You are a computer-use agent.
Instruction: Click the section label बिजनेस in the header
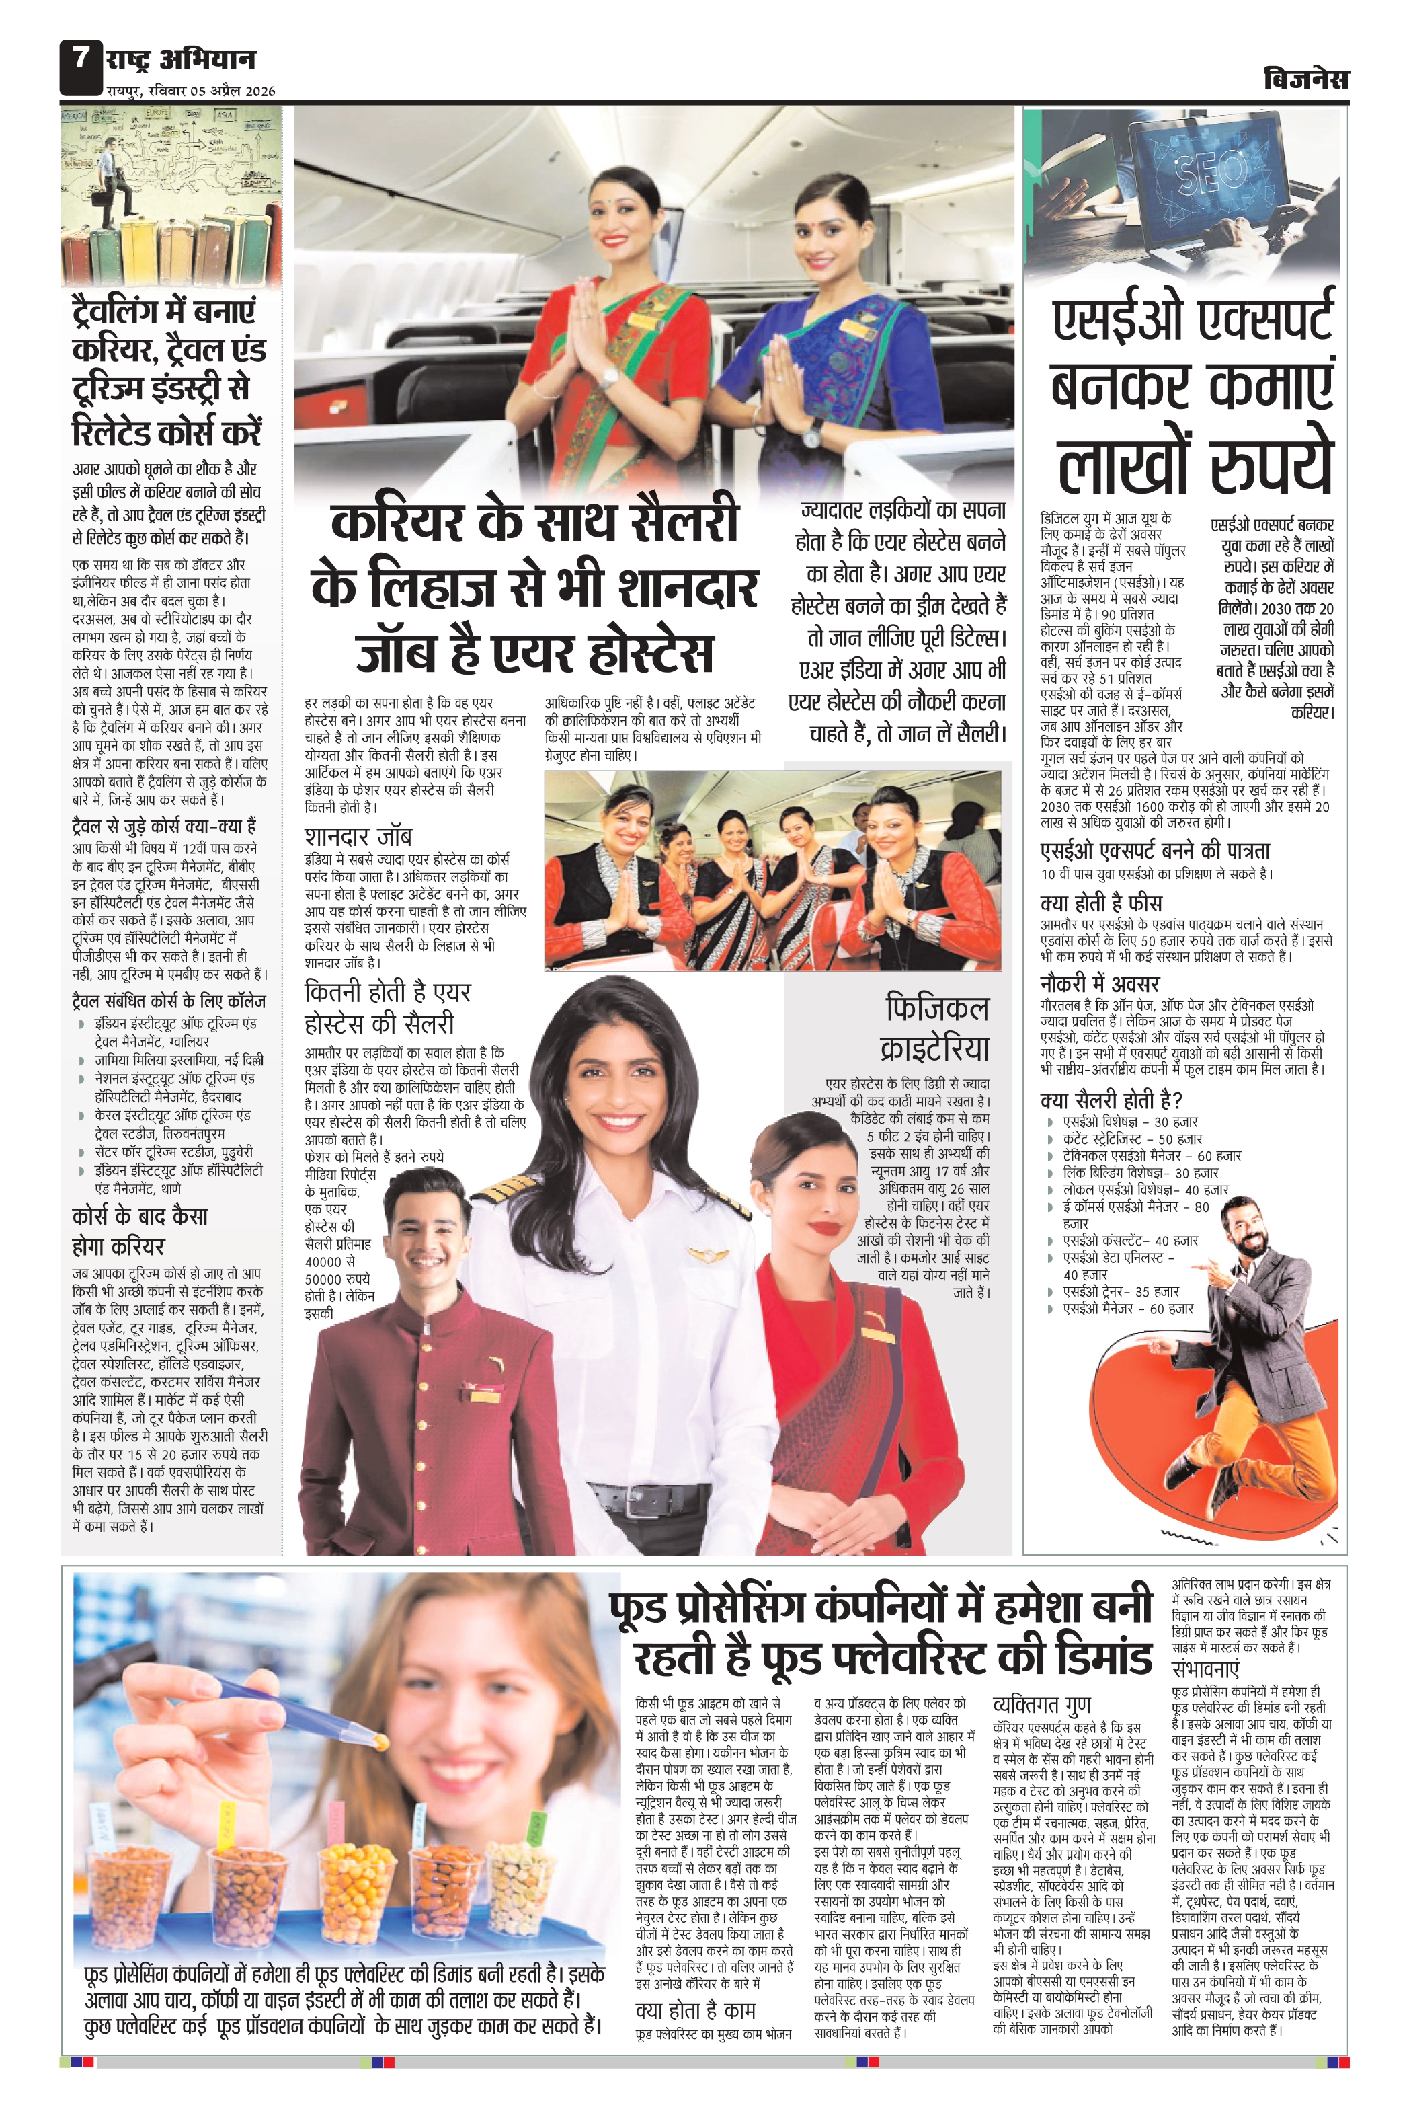point(1305,80)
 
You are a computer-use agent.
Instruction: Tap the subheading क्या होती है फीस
point(1101,903)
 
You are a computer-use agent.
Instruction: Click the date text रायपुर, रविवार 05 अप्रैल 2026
point(190,91)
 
